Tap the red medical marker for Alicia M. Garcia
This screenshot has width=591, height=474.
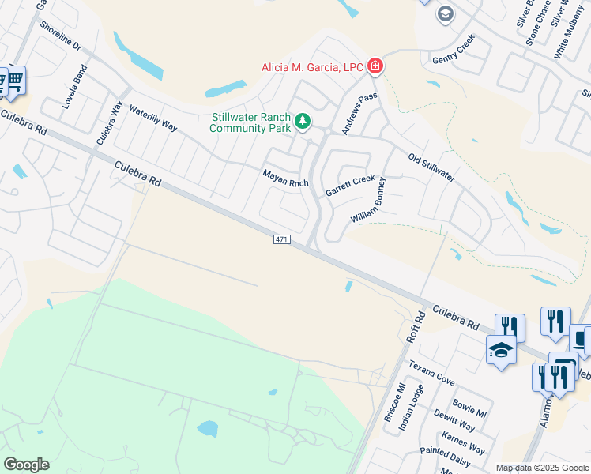[375, 66]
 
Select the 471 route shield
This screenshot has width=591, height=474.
[282, 239]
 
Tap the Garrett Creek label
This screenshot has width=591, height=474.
[350, 186]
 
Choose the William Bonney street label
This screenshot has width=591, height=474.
[369, 201]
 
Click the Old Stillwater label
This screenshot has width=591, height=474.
[431, 167]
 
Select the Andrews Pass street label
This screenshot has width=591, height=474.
[359, 112]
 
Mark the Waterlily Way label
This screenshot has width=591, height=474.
[152, 116]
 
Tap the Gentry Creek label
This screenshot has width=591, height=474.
[454, 49]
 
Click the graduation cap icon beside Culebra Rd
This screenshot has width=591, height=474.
[501, 349]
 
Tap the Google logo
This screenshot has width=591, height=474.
[26, 465]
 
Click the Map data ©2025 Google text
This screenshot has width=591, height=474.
[542, 468]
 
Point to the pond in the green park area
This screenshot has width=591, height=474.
[207, 429]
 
